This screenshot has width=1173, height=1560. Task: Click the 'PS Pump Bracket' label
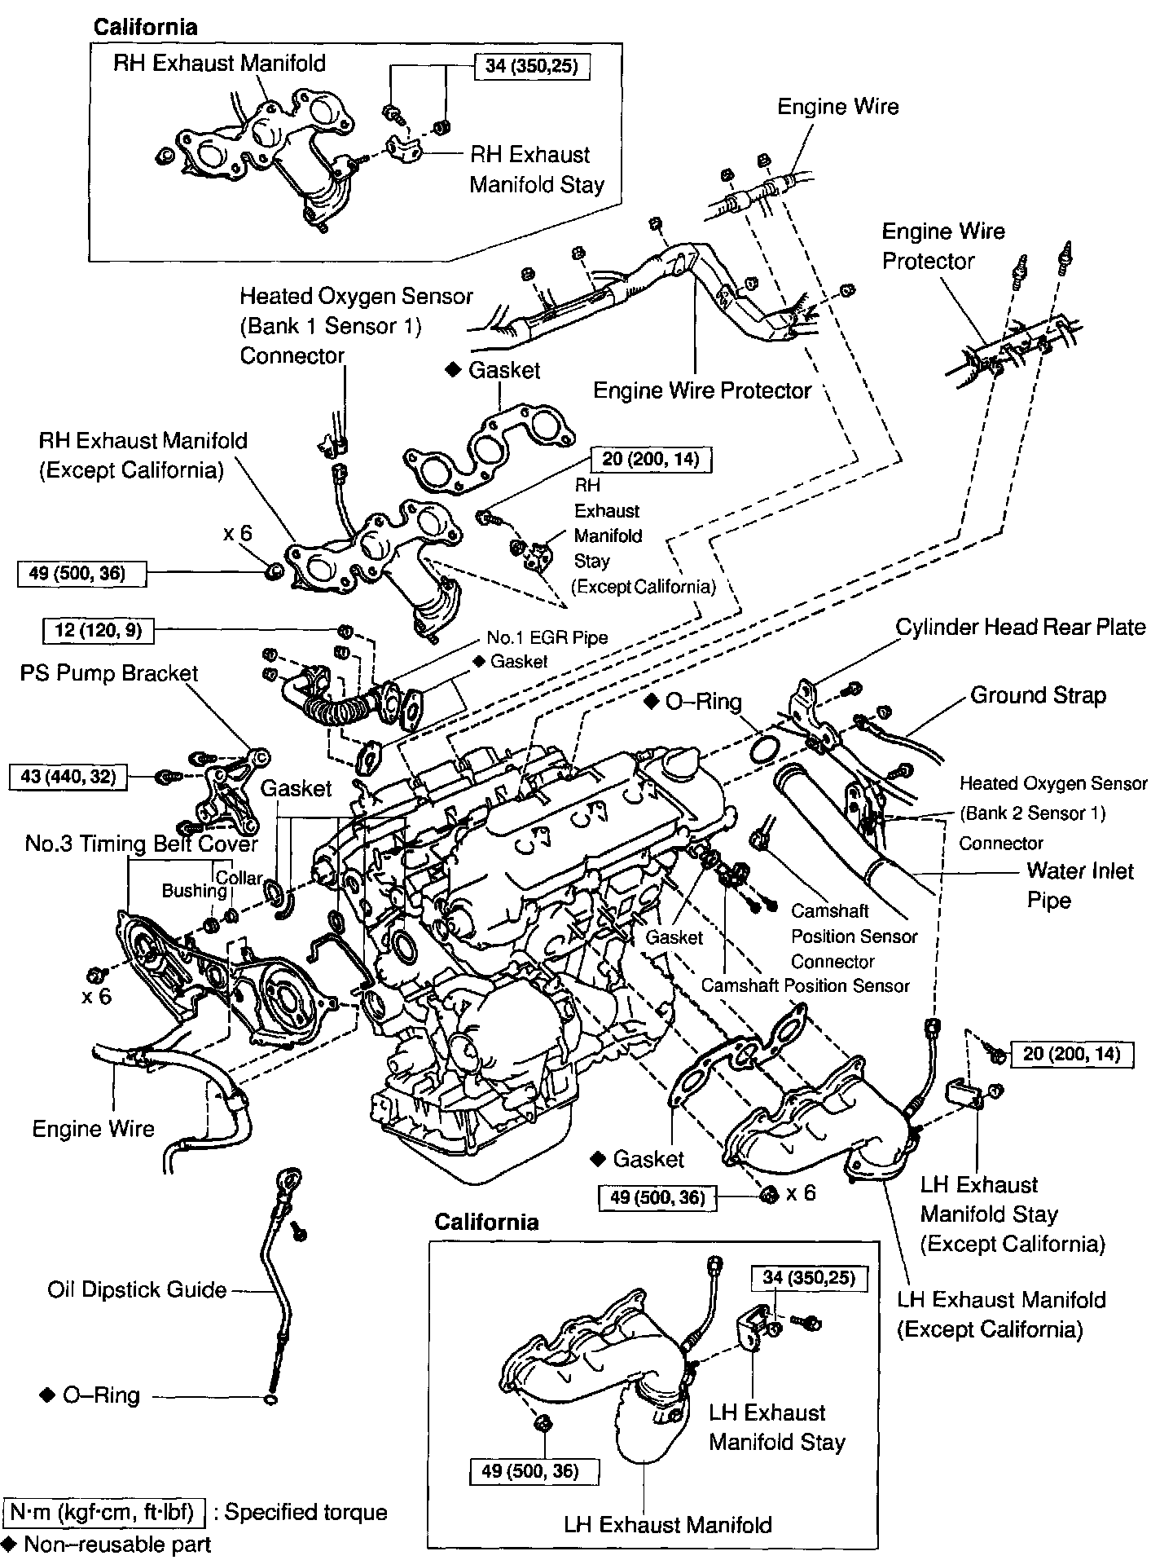click(109, 674)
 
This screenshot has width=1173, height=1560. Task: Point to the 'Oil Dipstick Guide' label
click(137, 1289)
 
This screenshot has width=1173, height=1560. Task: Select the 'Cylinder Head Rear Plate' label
click(1021, 627)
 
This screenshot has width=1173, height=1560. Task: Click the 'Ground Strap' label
click(1038, 695)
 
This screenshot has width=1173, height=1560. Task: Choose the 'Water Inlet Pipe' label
click(1080, 885)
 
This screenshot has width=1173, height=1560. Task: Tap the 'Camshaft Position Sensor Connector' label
click(854, 936)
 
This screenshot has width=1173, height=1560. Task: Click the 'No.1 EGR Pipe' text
click(547, 637)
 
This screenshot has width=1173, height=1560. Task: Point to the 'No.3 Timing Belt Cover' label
click(141, 844)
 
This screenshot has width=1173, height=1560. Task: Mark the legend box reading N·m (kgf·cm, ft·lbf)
click(104, 1513)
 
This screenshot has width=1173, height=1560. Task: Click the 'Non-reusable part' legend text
click(117, 1544)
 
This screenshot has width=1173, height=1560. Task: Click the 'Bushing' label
click(194, 891)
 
